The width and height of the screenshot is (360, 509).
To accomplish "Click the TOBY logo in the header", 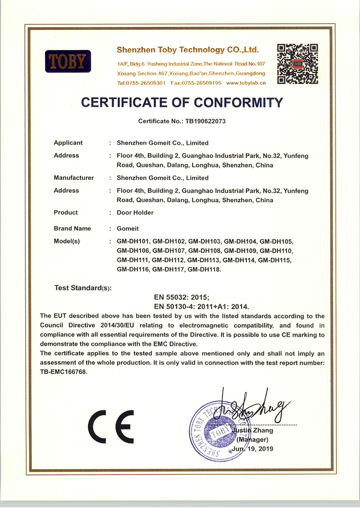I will pos(68,61).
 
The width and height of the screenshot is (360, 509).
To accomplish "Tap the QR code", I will pos(297,64).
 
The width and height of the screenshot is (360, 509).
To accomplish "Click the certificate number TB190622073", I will pos(202,121).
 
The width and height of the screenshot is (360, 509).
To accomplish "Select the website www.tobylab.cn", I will pos(246,83).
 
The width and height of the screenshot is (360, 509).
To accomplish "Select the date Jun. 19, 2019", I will pos(254,449).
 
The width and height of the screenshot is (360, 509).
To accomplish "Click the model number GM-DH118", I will pos(205,269).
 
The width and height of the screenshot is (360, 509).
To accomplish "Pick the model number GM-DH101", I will pos(134,241).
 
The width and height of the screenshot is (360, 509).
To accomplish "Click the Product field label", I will pos(66,212).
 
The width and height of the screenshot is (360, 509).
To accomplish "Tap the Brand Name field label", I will pos(72,229).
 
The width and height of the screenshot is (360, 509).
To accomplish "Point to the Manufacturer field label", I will pos(74,178).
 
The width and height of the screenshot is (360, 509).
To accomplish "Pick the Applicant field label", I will pos(68,143).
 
